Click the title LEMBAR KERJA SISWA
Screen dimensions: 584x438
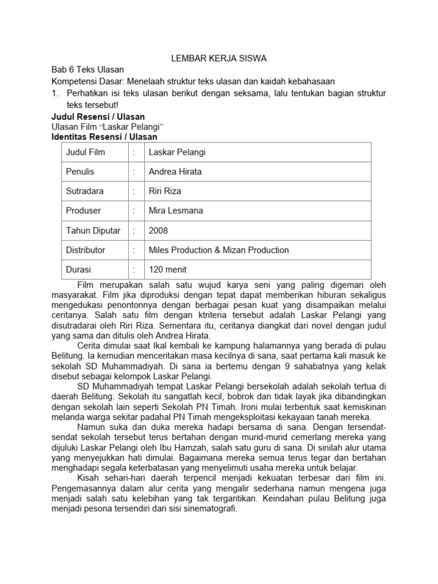220,58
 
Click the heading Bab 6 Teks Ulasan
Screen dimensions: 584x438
88,70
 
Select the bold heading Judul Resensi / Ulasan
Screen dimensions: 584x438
98,116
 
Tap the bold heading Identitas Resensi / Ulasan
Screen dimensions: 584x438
104,137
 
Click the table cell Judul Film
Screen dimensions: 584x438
86,152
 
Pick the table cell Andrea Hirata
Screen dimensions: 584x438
175,172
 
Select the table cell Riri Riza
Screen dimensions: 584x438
165,191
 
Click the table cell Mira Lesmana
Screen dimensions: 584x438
176,210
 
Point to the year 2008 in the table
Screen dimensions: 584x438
158,230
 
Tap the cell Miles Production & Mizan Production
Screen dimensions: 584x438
218,250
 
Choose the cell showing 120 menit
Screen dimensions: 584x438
168,269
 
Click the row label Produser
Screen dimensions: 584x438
83,210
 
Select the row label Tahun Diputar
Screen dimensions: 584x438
93,230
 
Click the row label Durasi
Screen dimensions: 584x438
79,269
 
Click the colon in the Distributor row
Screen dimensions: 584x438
133,250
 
